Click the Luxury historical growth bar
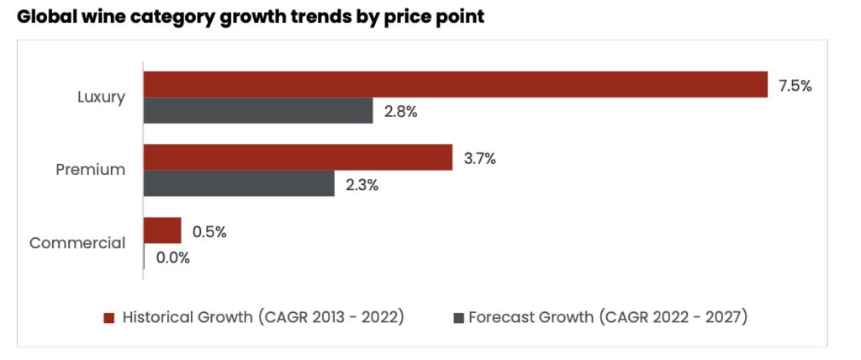coord(455,84)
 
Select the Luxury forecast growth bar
coord(258,110)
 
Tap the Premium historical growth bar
coord(298,157)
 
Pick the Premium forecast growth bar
coord(239,183)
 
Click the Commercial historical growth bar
coord(162,230)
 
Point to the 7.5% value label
coord(795,85)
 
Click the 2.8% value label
coord(400,112)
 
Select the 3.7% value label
coord(479,158)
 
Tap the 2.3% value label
coord(362,184)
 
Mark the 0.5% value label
coord(209,231)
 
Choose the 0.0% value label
coord(172,257)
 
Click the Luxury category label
coord(101,97)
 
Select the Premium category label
coord(91,170)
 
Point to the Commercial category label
coord(77,244)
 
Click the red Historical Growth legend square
coord(108,318)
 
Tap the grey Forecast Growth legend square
coord(458,318)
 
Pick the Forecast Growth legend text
coord(608,318)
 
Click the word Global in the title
coord(50,17)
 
